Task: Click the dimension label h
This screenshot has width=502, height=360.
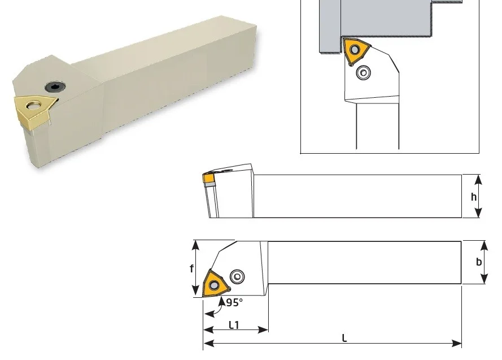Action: pyautogui.click(x=474, y=197)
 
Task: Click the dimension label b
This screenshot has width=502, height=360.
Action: pyautogui.click(x=479, y=262)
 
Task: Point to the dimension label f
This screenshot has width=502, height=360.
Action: pyautogui.click(x=191, y=268)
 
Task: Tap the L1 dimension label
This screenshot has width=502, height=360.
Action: pyautogui.click(x=234, y=325)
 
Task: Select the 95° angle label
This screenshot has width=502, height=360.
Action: pyautogui.click(x=234, y=302)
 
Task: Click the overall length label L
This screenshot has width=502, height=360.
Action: pyautogui.click(x=344, y=338)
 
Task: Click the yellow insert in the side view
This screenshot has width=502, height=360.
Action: pyautogui.click(x=208, y=178)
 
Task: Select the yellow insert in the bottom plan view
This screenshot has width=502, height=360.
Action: pyautogui.click(x=214, y=284)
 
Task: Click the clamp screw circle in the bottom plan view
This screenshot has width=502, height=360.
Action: pyautogui.click(x=237, y=276)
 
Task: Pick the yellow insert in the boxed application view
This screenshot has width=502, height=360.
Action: pyautogui.click(x=356, y=51)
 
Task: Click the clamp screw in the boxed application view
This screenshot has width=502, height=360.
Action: pyautogui.click(x=364, y=73)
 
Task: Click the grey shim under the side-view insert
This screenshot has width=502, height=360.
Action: pyautogui.click(x=209, y=185)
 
